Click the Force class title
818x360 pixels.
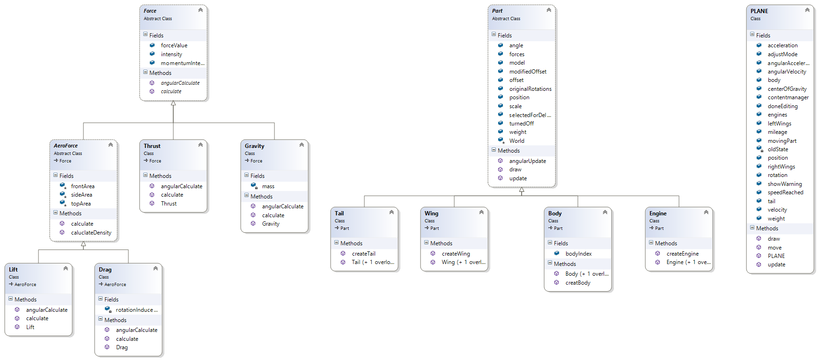pyautogui.click(x=150, y=11)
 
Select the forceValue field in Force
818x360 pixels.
pyautogui.click(x=174, y=45)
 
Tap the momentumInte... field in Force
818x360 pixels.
pyautogui.click(x=182, y=63)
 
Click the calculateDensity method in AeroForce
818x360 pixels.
pyautogui.click(x=91, y=233)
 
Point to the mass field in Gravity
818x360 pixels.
pyautogui.click(x=268, y=186)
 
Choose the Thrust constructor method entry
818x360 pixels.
pyautogui.click(x=169, y=204)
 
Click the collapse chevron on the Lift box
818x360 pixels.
pyautogui.click(x=66, y=268)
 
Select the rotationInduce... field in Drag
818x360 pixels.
pyautogui.click(x=136, y=310)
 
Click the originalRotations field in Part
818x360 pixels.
pyautogui.click(x=530, y=89)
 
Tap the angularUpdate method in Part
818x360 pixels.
pyautogui.click(x=527, y=161)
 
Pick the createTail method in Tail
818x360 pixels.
pyautogui.click(x=363, y=254)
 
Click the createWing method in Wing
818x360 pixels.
pyautogui.click(x=456, y=254)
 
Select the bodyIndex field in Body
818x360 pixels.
pyautogui.click(x=578, y=254)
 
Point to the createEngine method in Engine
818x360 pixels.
pyautogui.click(x=682, y=254)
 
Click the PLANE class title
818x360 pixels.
pyautogui.click(x=759, y=11)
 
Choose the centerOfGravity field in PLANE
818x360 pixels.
pyautogui.click(x=787, y=89)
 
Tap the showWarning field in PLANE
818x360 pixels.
pyautogui.click(x=784, y=184)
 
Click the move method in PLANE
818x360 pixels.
pyautogui.click(x=774, y=248)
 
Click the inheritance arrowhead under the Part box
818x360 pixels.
pyautogui.click(x=522, y=190)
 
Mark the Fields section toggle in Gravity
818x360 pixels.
pyautogui.click(x=246, y=175)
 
